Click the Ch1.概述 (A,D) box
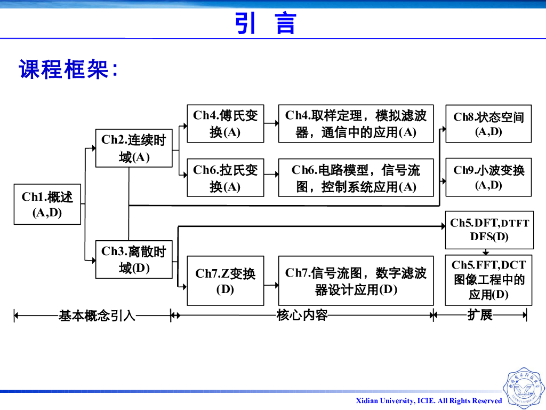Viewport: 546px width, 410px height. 47,204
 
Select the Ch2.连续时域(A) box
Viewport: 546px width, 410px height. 134,148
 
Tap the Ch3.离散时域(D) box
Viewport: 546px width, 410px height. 134,259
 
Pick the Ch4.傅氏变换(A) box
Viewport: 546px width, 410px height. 226,123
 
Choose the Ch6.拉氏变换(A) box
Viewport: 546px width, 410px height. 226,178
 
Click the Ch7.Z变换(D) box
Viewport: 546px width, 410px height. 226,281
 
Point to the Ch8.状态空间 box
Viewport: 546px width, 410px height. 488,123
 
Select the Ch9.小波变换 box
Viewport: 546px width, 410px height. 488,177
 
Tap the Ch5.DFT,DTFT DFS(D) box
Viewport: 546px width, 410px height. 489,230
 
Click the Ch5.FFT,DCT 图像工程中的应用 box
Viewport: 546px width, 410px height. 488,280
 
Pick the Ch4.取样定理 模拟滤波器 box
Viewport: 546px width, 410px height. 356,123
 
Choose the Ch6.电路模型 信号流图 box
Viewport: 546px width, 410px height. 356,178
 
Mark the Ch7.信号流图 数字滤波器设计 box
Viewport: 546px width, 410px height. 356,281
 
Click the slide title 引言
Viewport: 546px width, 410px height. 266,23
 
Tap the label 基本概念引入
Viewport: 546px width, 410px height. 97,316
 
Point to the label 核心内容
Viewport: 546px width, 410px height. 302,315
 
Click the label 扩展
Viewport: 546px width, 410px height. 480,315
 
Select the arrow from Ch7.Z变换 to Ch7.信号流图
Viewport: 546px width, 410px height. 271,285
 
